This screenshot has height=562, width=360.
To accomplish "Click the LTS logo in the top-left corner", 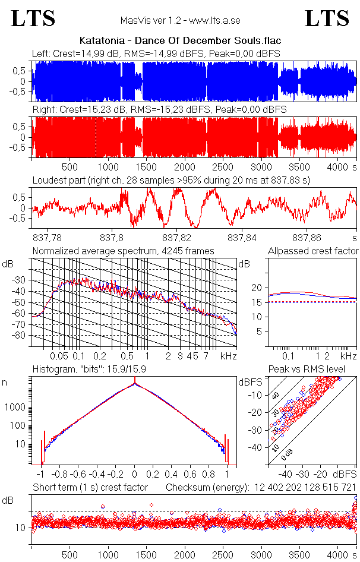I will tap(33, 19).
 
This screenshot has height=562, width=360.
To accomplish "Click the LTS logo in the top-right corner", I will tap(327, 19).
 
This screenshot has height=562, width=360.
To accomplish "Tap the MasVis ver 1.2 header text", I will tap(180, 21).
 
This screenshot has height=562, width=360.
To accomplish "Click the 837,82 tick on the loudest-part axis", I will tap(179, 238).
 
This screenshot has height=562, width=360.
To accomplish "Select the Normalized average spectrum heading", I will tap(123, 251).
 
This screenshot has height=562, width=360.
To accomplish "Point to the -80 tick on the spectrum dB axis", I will tap(21, 336).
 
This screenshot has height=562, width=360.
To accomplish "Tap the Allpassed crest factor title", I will tap(313, 251).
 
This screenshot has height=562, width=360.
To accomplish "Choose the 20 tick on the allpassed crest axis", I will tap(257, 288).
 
